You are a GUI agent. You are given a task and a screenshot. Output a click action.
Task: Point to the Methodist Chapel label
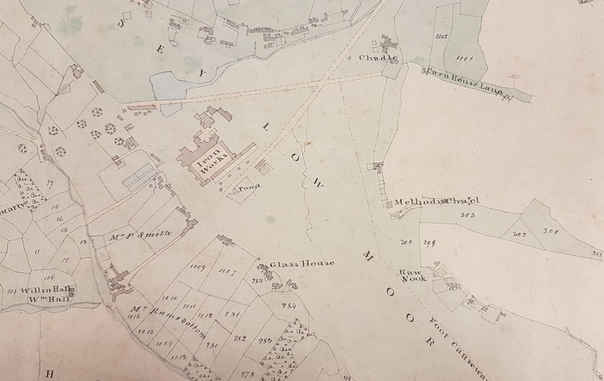(437, 202)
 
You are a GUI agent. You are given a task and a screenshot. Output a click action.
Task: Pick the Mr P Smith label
(141, 235)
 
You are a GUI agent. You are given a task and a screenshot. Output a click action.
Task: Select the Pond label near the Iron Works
(248, 189)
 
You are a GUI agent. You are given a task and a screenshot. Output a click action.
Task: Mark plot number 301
(550, 231)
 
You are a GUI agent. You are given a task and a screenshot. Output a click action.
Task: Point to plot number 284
(288, 306)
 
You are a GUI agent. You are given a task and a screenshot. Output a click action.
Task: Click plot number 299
(428, 242)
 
